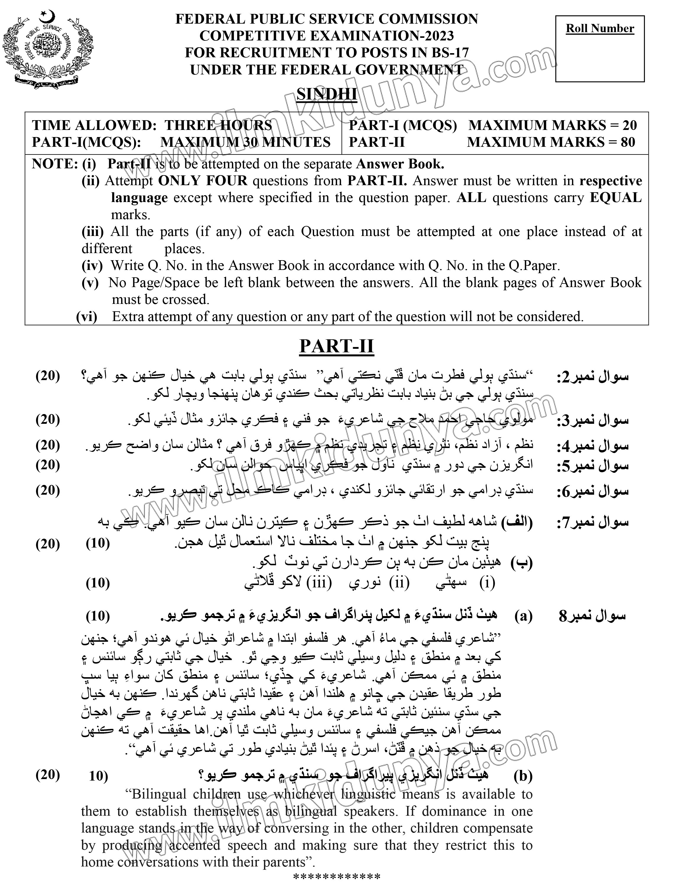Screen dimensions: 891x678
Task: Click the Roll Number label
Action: (600, 28)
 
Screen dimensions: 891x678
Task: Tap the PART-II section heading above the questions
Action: (336, 346)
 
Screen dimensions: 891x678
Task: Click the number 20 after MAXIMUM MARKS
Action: (629, 126)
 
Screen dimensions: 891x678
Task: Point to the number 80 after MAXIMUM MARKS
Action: (628, 142)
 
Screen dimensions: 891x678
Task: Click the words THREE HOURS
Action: (218, 126)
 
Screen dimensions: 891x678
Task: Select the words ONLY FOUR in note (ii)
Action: (203, 180)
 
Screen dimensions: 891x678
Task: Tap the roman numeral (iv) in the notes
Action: (92, 265)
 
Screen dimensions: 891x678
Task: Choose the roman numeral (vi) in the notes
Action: (87, 317)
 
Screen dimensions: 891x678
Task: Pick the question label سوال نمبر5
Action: (592, 466)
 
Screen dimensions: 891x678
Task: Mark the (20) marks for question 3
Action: (48, 419)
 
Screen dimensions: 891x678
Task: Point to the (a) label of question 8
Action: (523, 616)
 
